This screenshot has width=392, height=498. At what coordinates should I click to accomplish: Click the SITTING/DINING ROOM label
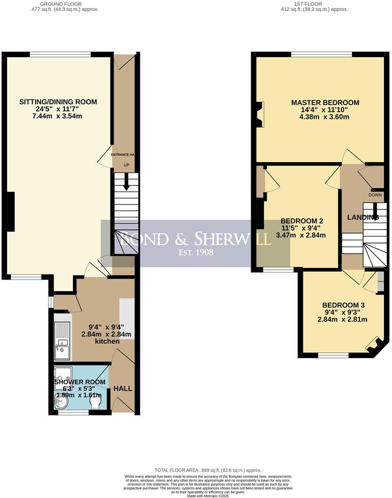(58, 102)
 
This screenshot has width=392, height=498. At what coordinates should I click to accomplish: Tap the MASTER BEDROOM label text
(325, 102)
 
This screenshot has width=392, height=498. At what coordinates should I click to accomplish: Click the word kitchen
(107, 341)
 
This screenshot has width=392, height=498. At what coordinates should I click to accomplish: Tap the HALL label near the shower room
(122, 389)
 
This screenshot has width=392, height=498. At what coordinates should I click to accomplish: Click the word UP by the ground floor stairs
(126, 165)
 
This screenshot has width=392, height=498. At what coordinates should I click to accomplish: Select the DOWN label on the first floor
(375, 195)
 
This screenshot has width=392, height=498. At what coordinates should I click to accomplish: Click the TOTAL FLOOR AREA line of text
(208, 470)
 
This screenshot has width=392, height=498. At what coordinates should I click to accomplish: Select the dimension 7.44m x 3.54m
(58, 116)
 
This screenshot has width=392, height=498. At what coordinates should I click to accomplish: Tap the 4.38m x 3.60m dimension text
(325, 116)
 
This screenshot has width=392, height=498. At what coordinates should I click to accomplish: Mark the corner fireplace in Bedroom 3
(376, 346)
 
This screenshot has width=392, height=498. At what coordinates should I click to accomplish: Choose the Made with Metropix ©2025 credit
(208, 496)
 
